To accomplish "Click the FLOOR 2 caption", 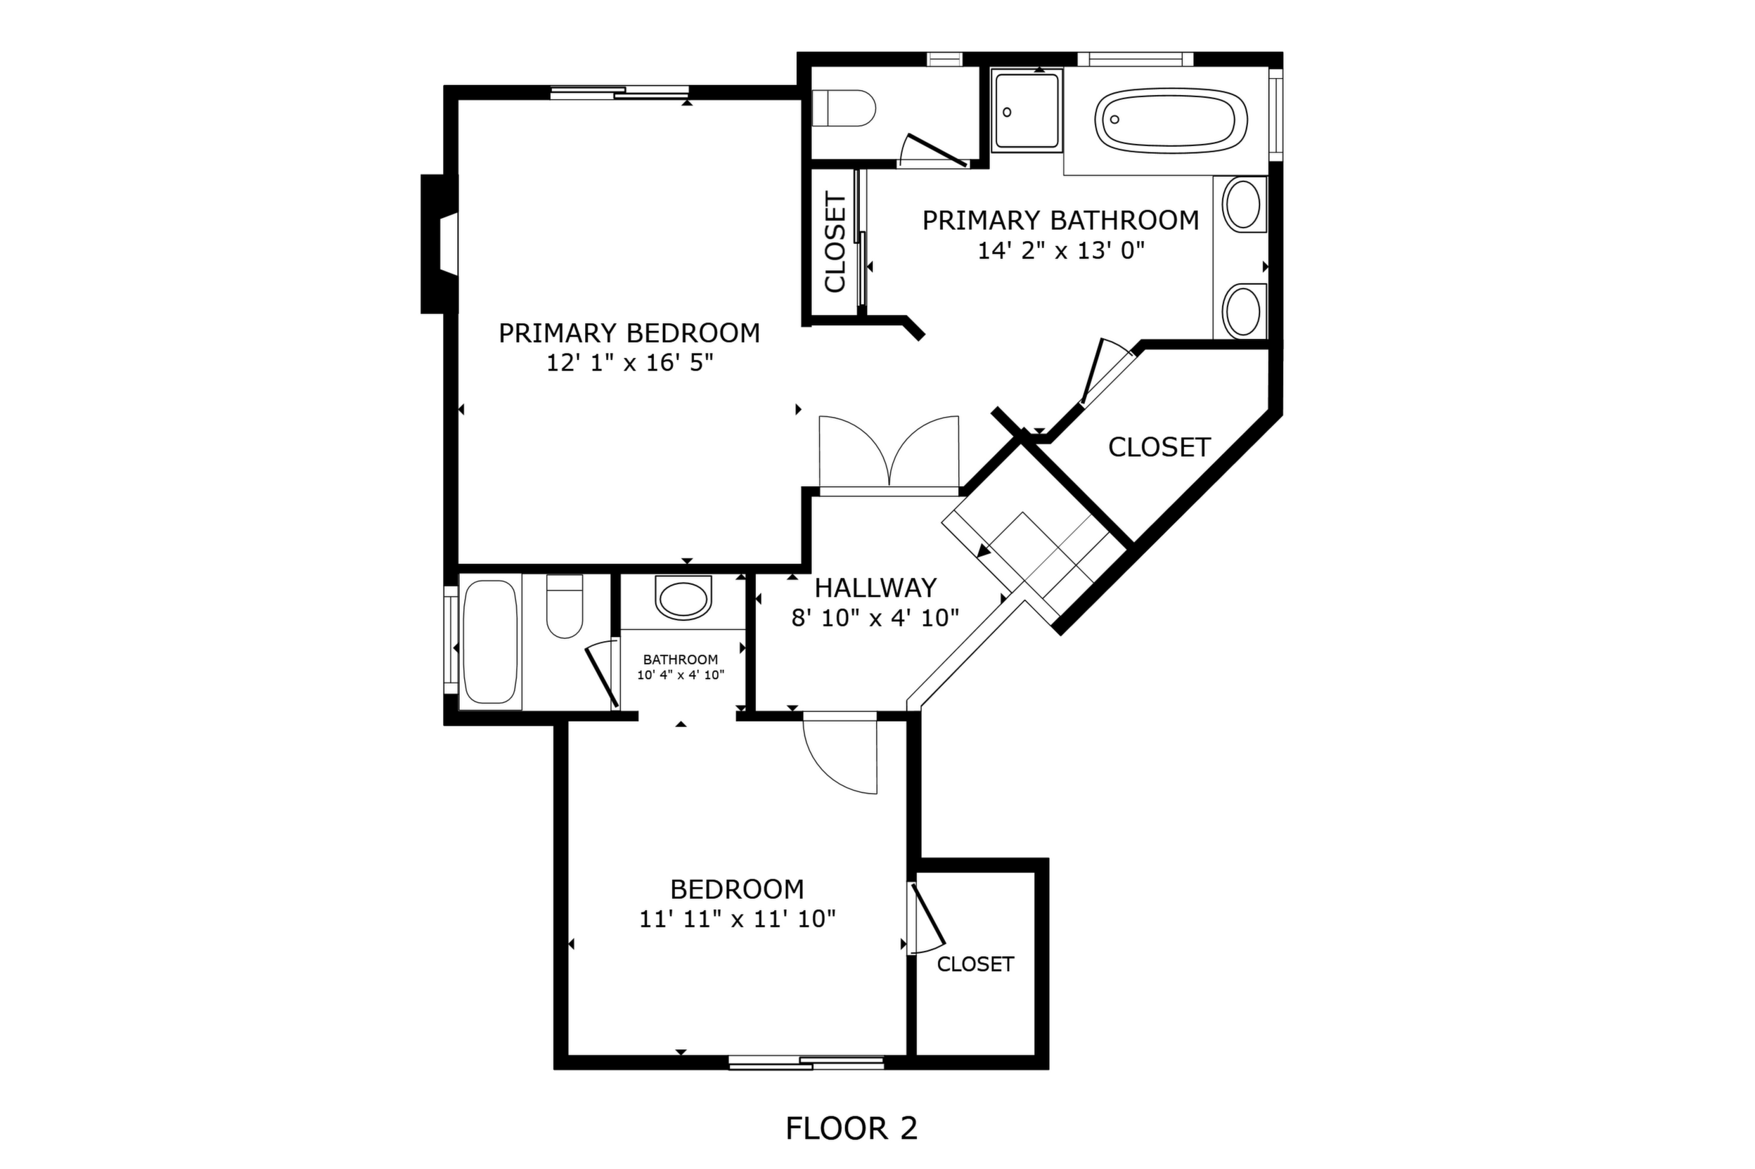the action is coord(851,1128).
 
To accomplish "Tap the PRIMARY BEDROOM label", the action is coord(629,333).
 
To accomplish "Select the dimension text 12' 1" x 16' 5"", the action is coord(630,363).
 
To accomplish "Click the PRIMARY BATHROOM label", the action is coord(1060,221).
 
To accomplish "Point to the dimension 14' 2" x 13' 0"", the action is coord(1060,250).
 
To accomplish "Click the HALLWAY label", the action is coord(875,588).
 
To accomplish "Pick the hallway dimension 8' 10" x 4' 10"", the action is coord(875,618).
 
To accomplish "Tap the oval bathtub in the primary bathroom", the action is coord(1171,121).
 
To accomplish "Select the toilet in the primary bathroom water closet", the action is coord(842,109).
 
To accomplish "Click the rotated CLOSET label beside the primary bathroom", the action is coord(835,243).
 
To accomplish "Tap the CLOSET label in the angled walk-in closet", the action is coord(1159,447).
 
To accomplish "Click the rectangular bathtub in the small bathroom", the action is coord(490,642).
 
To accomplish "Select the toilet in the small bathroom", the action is coord(565,606).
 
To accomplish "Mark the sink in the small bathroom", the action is coord(682,598).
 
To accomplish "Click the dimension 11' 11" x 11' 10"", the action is coord(738,919).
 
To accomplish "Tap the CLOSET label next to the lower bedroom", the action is coord(975,964).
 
